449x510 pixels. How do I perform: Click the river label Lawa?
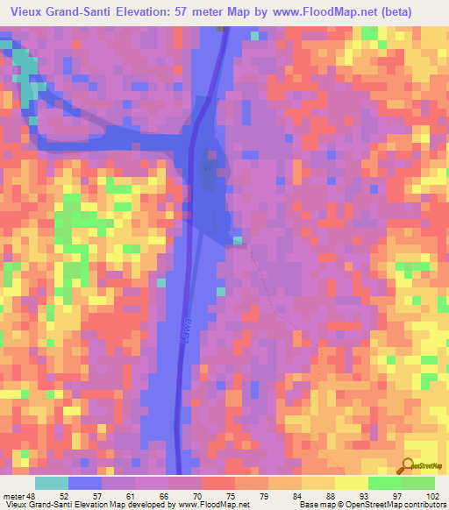(187, 329)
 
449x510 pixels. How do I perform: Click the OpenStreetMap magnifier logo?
(410, 467)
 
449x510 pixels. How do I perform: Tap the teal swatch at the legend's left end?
(51, 483)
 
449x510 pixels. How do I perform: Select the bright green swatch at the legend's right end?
(417, 483)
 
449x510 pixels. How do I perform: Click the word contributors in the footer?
(423, 504)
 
